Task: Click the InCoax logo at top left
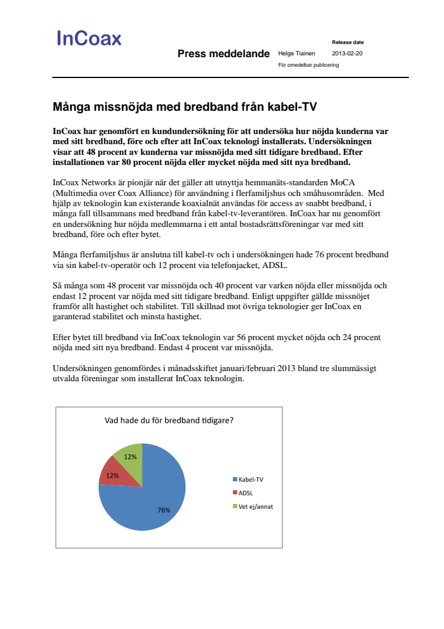coord(89,39)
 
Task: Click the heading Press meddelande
coord(223,54)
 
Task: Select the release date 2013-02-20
coord(347,54)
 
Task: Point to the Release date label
coord(348,42)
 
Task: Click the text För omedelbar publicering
coord(308,65)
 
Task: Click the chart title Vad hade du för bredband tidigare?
coord(169,421)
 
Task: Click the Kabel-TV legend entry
coord(248,479)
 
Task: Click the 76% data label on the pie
coord(164,510)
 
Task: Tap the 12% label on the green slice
coord(130,457)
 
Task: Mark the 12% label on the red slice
coord(112,475)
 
